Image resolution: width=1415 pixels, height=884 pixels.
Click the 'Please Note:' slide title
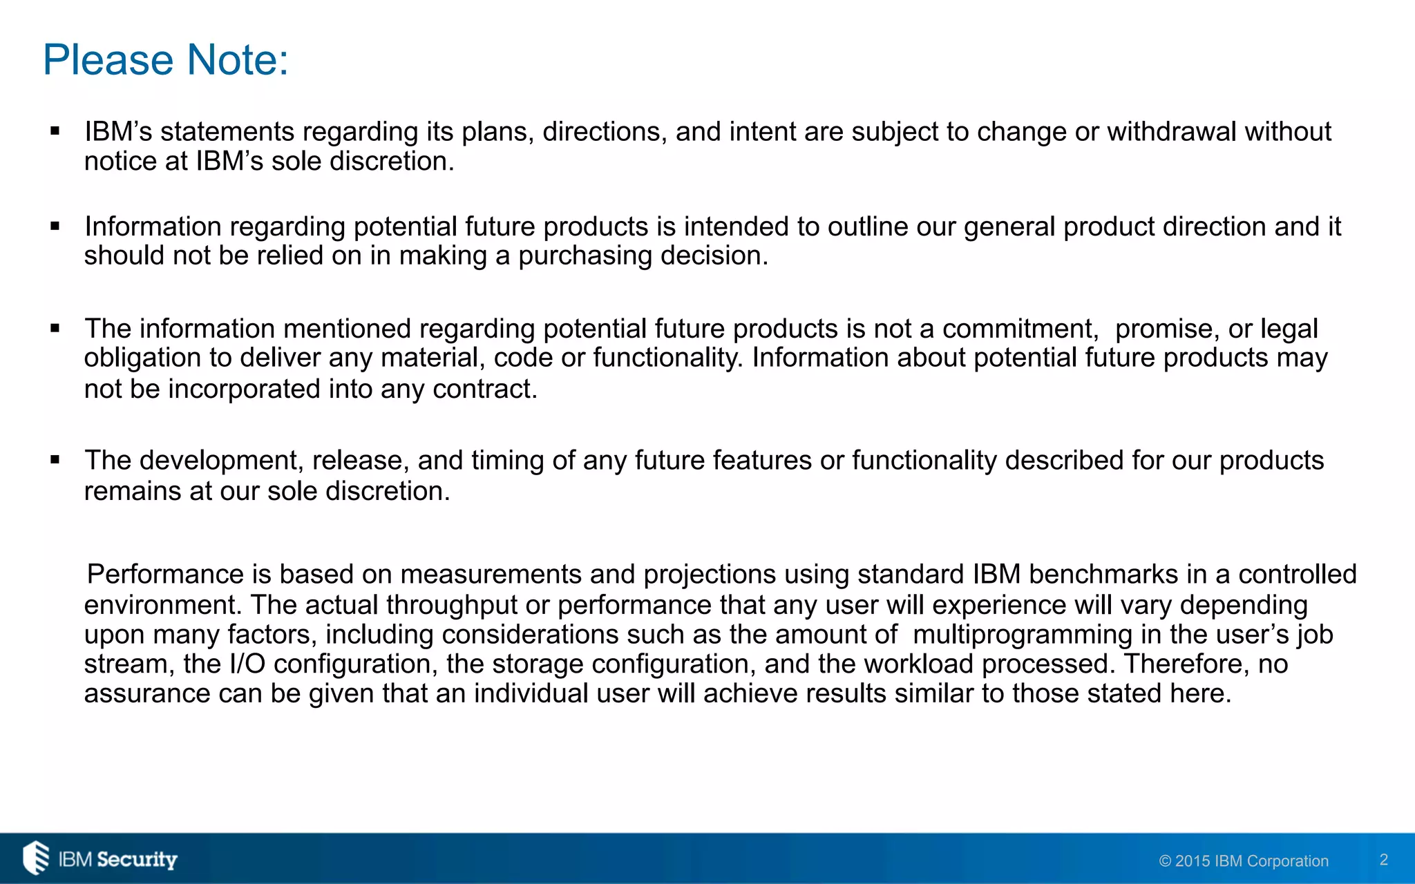pyautogui.click(x=166, y=60)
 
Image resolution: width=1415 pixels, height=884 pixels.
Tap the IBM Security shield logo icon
pyautogui.click(x=36, y=858)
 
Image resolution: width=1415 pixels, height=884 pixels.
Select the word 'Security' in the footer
pyautogui.click(x=137, y=859)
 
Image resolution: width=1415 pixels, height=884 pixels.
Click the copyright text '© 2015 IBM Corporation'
pyautogui.click(x=1244, y=861)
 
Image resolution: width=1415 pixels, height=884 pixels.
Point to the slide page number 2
pyautogui.click(x=1383, y=859)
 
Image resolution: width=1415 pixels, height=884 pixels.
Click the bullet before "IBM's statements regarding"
pyautogui.click(x=55, y=131)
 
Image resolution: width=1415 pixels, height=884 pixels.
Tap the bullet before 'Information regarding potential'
pyautogui.click(x=55, y=225)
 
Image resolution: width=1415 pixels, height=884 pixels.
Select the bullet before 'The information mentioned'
pyautogui.click(x=55, y=327)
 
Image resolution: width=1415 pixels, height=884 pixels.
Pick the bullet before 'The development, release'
pyautogui.click(x=55, y=459)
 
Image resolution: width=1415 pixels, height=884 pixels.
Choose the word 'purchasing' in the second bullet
pyautogui.click(x=585, y=256)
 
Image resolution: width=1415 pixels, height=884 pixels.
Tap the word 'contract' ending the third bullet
pyautogui.click(x=483, y=390)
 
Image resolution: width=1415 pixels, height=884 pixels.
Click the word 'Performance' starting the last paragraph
pyautogui.click(x=165, y=575)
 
